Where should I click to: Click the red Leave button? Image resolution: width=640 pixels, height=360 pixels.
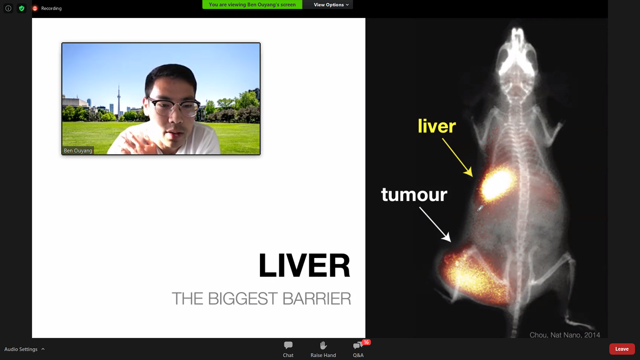pyautogui.click(x=622, y=349)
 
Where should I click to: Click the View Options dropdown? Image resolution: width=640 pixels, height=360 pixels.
pyautogui.click(x=331, y=5)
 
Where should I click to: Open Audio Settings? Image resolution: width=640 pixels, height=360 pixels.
pyautogui.click(x=24, y=349)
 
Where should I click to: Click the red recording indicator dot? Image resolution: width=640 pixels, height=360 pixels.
pyautogui.click(x=35, y=8)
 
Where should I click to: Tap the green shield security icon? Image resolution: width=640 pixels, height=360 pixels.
pyautogui.click(x=22, y=8)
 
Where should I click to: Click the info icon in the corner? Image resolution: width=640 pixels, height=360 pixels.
pyautogui.click(x=8, y=8)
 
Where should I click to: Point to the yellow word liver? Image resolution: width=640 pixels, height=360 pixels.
pyautogui.click(x=437, y=126)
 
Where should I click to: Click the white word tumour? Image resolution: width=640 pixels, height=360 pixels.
pyautogui.click(x=414, y=195)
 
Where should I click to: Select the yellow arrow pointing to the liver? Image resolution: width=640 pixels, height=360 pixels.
pyautogui.click(x=457, y=157)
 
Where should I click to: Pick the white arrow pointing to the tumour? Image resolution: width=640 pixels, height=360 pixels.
pyautogui.click(x=435, y=225)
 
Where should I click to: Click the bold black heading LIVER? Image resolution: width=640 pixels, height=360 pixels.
pyautogui.click(x=304, y=265)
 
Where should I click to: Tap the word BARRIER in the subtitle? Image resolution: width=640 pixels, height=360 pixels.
pyautogui.click(x=317, y=299)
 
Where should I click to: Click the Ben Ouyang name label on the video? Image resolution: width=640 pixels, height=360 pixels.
pyautogui.click(x=78, y=150)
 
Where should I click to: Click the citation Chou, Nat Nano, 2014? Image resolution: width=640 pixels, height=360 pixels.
pyautogui.click(x=565, y=335)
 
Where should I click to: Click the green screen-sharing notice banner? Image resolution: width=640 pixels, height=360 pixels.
pyautogui.click(x=252, y=5)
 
